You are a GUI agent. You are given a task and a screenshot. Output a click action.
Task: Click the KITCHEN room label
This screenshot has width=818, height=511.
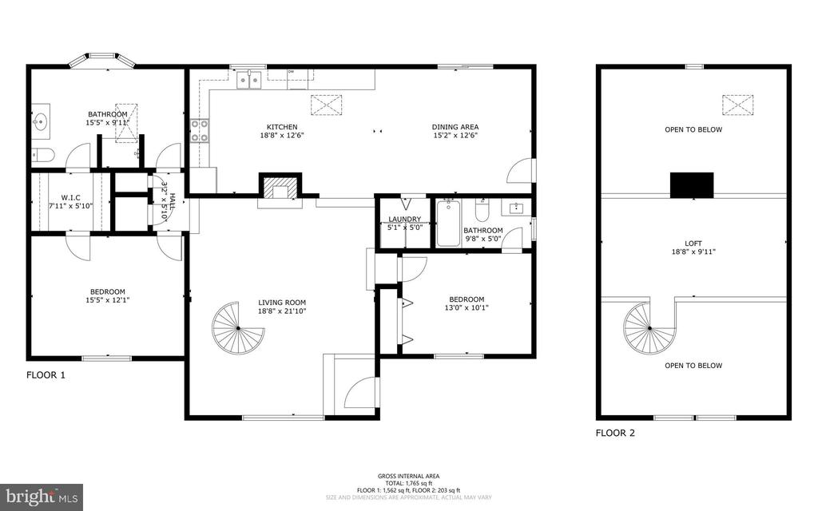(282, 127)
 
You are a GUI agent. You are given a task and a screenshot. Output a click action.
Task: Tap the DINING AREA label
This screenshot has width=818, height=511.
(455, 127)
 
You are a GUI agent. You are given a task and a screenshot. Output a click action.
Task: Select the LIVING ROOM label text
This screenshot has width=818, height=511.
(282, 303)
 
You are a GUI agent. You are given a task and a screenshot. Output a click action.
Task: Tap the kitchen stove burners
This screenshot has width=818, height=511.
(199, 130)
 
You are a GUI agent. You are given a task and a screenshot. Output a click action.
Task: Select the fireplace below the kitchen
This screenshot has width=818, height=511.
(280, 188)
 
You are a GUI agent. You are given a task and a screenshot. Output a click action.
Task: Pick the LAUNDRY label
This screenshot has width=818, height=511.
(404, 219)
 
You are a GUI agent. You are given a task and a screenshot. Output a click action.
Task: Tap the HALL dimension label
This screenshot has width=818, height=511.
(166, 200)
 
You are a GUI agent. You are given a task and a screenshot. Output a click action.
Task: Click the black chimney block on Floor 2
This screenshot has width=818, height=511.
(692, 184)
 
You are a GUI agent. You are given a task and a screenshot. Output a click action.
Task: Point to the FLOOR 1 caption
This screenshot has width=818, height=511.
(46, 374)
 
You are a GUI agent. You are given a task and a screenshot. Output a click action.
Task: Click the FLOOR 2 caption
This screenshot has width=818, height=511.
(615, 434)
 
